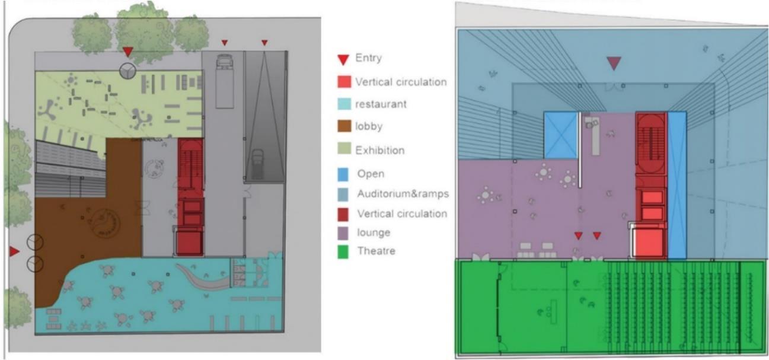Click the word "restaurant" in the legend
coord(381,104)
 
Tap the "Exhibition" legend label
coord(379,150)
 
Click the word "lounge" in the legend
coord(374,232)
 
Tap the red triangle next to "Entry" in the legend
coord(342,59)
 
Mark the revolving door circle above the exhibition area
coord(127,71)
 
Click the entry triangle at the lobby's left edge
coord(14,252)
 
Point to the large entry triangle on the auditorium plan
coord(614,63)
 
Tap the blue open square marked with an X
coord(560,135)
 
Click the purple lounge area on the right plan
coord(534,202)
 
